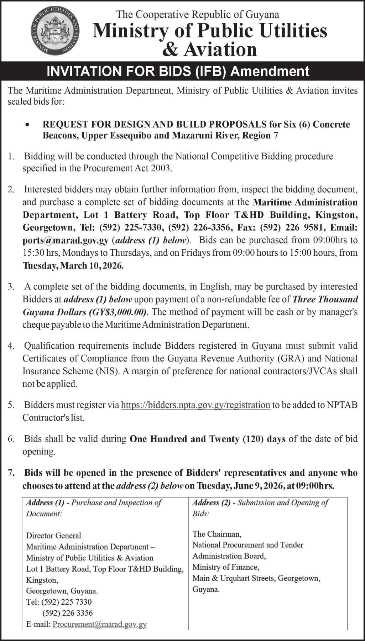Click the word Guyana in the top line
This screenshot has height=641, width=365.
click(x=264, y=14)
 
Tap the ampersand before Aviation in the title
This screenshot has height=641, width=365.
click(x=170, y=49)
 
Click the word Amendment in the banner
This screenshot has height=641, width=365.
click(x=270, y=71)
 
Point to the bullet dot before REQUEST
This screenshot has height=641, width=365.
click(x=27, y=125)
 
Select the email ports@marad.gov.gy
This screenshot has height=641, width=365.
click(x=66, y=240)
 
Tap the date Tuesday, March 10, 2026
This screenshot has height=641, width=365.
click(x=73, y=266)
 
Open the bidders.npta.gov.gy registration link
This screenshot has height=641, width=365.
click(x=195, y=405)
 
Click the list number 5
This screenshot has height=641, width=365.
click(x=11, y=405)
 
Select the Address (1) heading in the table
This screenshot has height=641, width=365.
click(x=45, y=503)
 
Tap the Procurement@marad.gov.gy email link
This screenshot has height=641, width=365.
click(x=100, y=624)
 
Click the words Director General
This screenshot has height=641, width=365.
click(x=54, y=536)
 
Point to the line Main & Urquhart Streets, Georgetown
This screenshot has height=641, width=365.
click(x=256, y=578)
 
